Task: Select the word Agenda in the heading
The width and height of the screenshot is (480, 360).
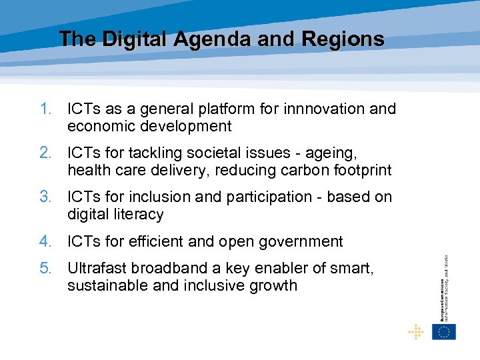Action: pyautogui.click(x=213, y=39)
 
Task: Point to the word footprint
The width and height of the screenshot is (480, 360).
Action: pyautogui.click(x=359, y=171)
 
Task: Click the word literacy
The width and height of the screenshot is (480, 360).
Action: pyautogui.click(x=136, y=215)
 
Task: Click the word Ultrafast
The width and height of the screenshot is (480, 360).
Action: pyautogui.click(x=97, y=268)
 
